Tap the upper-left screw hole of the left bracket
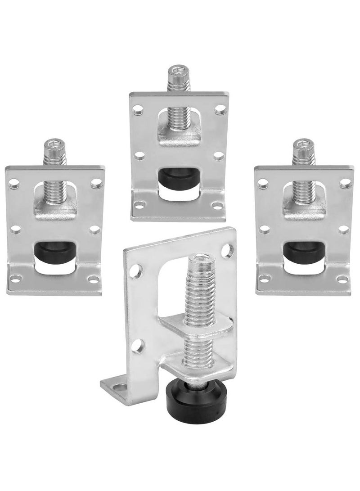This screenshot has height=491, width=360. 15,184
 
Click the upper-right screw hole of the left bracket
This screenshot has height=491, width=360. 95,184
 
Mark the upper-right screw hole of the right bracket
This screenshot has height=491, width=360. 344,184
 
